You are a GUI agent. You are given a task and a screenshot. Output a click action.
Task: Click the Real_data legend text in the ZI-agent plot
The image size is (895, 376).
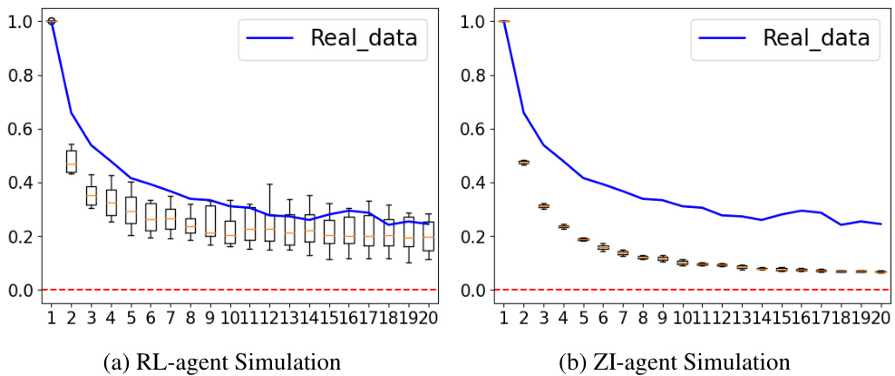click(816, 38)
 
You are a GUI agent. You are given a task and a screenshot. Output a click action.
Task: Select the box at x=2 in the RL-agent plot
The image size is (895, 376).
click(72, 161)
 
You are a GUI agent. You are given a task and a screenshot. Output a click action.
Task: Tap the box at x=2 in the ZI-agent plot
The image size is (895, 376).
click(523, 163)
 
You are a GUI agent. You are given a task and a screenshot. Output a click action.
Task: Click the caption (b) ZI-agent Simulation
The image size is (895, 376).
click(675, 361)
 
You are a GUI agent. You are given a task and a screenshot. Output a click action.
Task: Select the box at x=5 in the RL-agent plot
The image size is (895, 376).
click(131, 210)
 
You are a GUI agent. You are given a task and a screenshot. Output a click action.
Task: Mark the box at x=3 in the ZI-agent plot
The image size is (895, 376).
click(543, 206)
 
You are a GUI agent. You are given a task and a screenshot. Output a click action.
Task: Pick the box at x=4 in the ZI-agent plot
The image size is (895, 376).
click(563, 227)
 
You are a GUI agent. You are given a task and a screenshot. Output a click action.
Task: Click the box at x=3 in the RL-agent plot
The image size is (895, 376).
click(92, 195)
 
